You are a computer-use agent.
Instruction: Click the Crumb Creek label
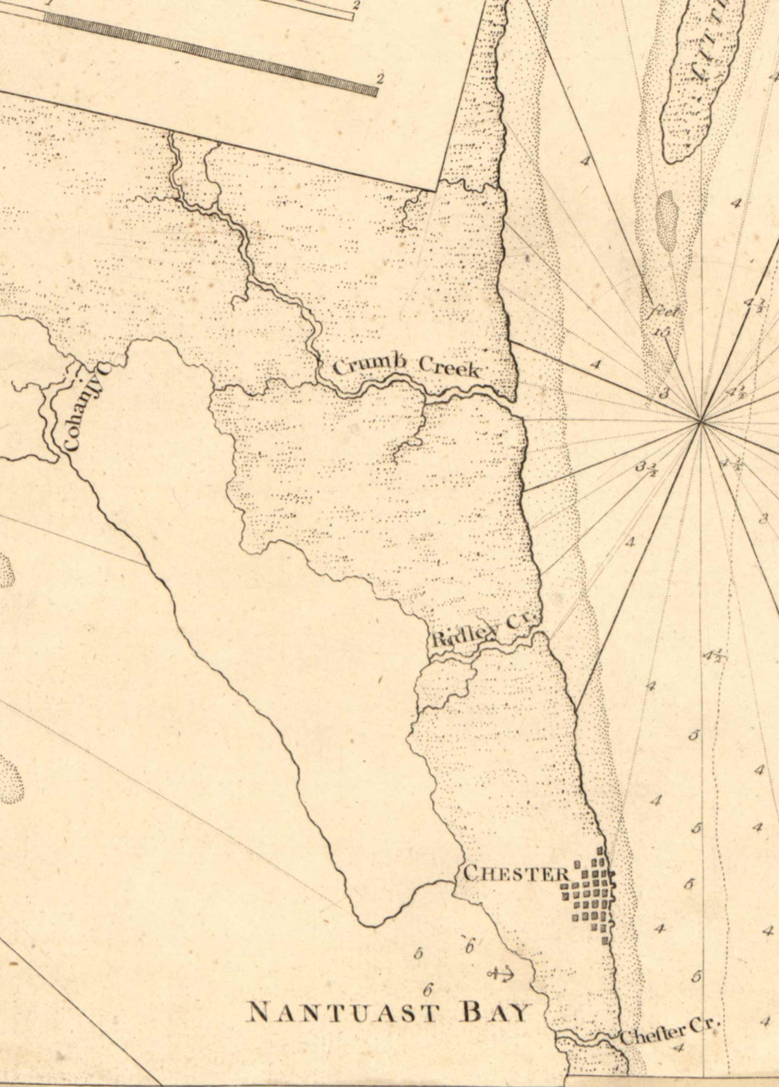tap(406, 366)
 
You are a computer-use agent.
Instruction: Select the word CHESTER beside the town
tap(516, 873)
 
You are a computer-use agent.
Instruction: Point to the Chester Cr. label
tap(670, 1030)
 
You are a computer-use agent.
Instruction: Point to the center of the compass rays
tap(701, 422)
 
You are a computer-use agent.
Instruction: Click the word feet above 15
tap(663, 313)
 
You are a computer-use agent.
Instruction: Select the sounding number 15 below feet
tap(660, 332)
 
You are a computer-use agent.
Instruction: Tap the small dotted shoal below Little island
tap(666, 214)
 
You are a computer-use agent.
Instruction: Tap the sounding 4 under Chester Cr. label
tap(678, 1047)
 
